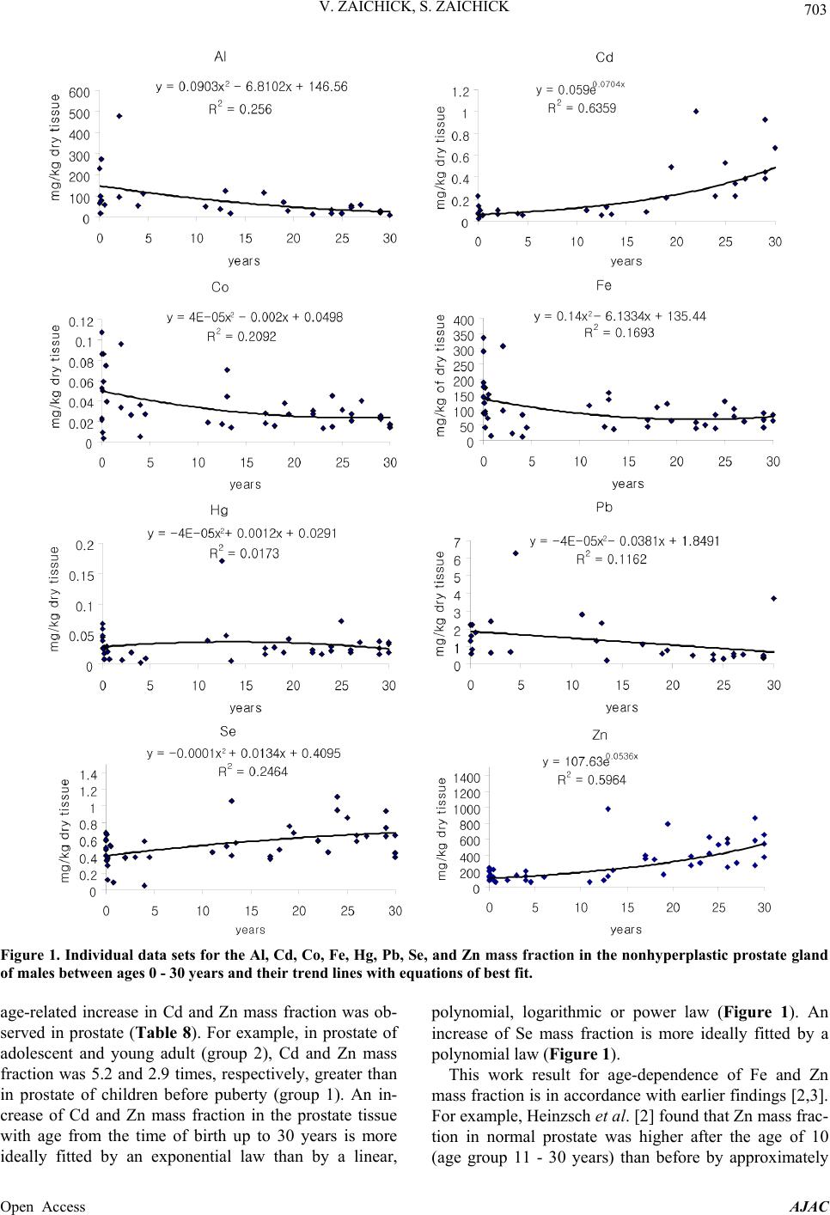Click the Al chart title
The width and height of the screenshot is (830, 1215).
221,57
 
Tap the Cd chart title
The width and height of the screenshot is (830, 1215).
604,58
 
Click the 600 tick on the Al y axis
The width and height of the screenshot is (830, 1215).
79,93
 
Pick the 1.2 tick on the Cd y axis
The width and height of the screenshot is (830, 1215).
461,91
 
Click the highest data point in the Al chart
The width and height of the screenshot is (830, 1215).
119,116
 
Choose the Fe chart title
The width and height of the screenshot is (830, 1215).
603,285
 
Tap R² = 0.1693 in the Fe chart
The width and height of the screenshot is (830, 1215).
619,333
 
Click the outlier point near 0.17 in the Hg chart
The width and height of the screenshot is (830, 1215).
222,560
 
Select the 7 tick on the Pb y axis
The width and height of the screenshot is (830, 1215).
459,542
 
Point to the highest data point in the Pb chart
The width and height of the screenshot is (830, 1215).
516,553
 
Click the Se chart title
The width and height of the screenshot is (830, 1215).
228,732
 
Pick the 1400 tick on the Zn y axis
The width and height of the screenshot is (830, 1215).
455,776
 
